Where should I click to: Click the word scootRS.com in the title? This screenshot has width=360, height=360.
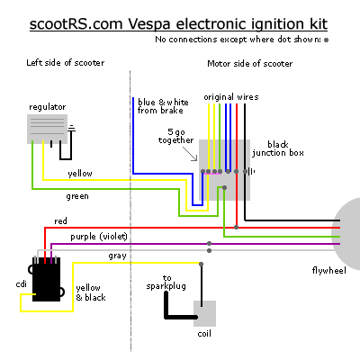(x=76, y=24)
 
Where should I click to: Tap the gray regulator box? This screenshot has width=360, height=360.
(x=47, y=129)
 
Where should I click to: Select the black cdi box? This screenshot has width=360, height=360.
(x=46, y=279)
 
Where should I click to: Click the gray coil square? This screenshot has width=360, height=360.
(x=204, y=313)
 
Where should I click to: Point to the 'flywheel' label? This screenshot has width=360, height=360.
(x=329, y=271)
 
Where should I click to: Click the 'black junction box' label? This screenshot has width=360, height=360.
(x=278, y=148)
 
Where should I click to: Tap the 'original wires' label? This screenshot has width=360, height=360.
(x=231, y=97)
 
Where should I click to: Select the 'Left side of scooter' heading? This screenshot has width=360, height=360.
(x=66, y=63)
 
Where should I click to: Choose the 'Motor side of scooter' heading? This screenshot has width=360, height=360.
(x=250, y=64)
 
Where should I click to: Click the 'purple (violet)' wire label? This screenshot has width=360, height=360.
(x=99, y=237)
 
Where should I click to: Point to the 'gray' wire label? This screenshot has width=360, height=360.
(x=117, y=256)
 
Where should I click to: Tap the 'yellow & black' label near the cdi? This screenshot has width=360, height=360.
(x=91, y=292)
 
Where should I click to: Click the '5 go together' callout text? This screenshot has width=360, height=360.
(x=176, y=136)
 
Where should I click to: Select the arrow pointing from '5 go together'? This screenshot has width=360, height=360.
(x=190, y=154)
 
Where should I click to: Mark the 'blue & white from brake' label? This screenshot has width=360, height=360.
(x=163, y=106)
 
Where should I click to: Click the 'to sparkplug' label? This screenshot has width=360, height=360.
(x=166, y=283)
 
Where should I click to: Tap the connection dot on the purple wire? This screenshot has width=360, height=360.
(x=209, y=243)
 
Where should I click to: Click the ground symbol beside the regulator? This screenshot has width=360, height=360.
(x=71, y=128)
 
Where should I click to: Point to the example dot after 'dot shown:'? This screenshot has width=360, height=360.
(x=326, y=40)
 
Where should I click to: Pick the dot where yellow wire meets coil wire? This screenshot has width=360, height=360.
(x=201, y=264)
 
